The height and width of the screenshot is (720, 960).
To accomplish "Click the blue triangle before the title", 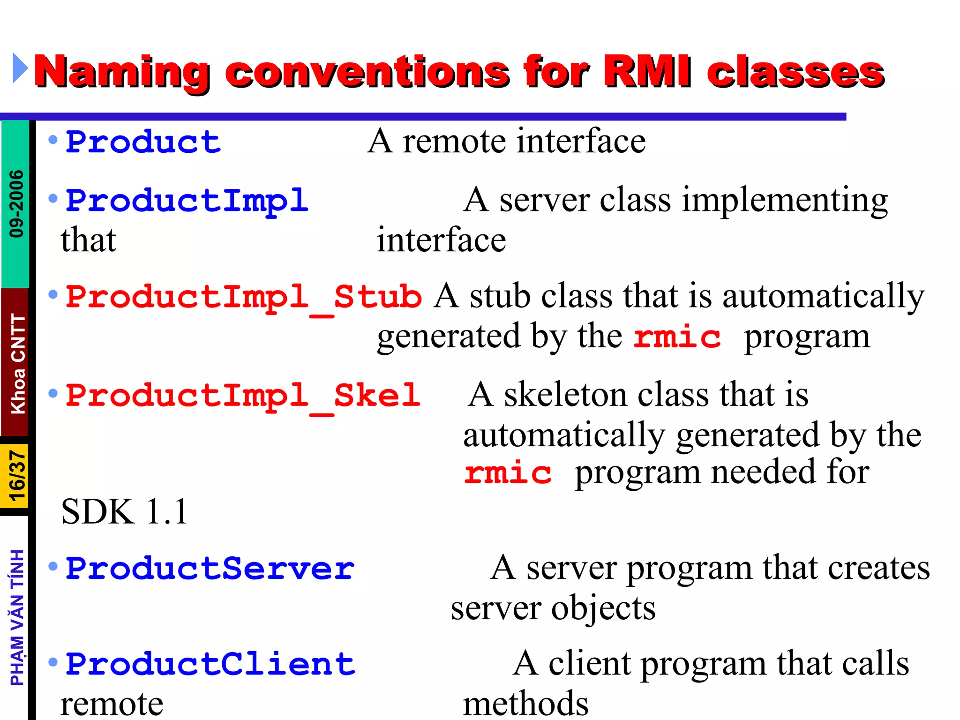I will (x=20, y=68).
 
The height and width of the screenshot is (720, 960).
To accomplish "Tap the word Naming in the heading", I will (x=122, y=73).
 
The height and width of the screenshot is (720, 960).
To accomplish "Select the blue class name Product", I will (x=143, y=142).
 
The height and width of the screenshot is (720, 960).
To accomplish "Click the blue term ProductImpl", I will (x=187, y=201).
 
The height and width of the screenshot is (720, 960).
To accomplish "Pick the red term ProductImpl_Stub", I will (x=243, y=298).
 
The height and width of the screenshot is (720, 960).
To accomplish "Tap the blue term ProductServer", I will (x=210, y=569).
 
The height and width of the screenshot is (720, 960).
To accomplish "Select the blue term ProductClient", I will (x=210, y=665).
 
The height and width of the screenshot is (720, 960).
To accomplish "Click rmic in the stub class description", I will (x=676, y=337).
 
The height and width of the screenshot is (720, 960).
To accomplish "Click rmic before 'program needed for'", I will (x=508, y=473).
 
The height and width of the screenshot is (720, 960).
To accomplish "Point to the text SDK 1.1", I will (x=124, y=512).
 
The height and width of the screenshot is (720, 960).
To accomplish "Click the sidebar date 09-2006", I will (x=16, y=204).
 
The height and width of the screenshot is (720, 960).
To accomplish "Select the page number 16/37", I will (x=16, y=476).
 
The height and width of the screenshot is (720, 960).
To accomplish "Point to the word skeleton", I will (x=565, y=395).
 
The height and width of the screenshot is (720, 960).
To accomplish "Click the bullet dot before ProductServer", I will (x=53, y=567).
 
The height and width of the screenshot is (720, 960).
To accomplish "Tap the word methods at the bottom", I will (x=525, y=704).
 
